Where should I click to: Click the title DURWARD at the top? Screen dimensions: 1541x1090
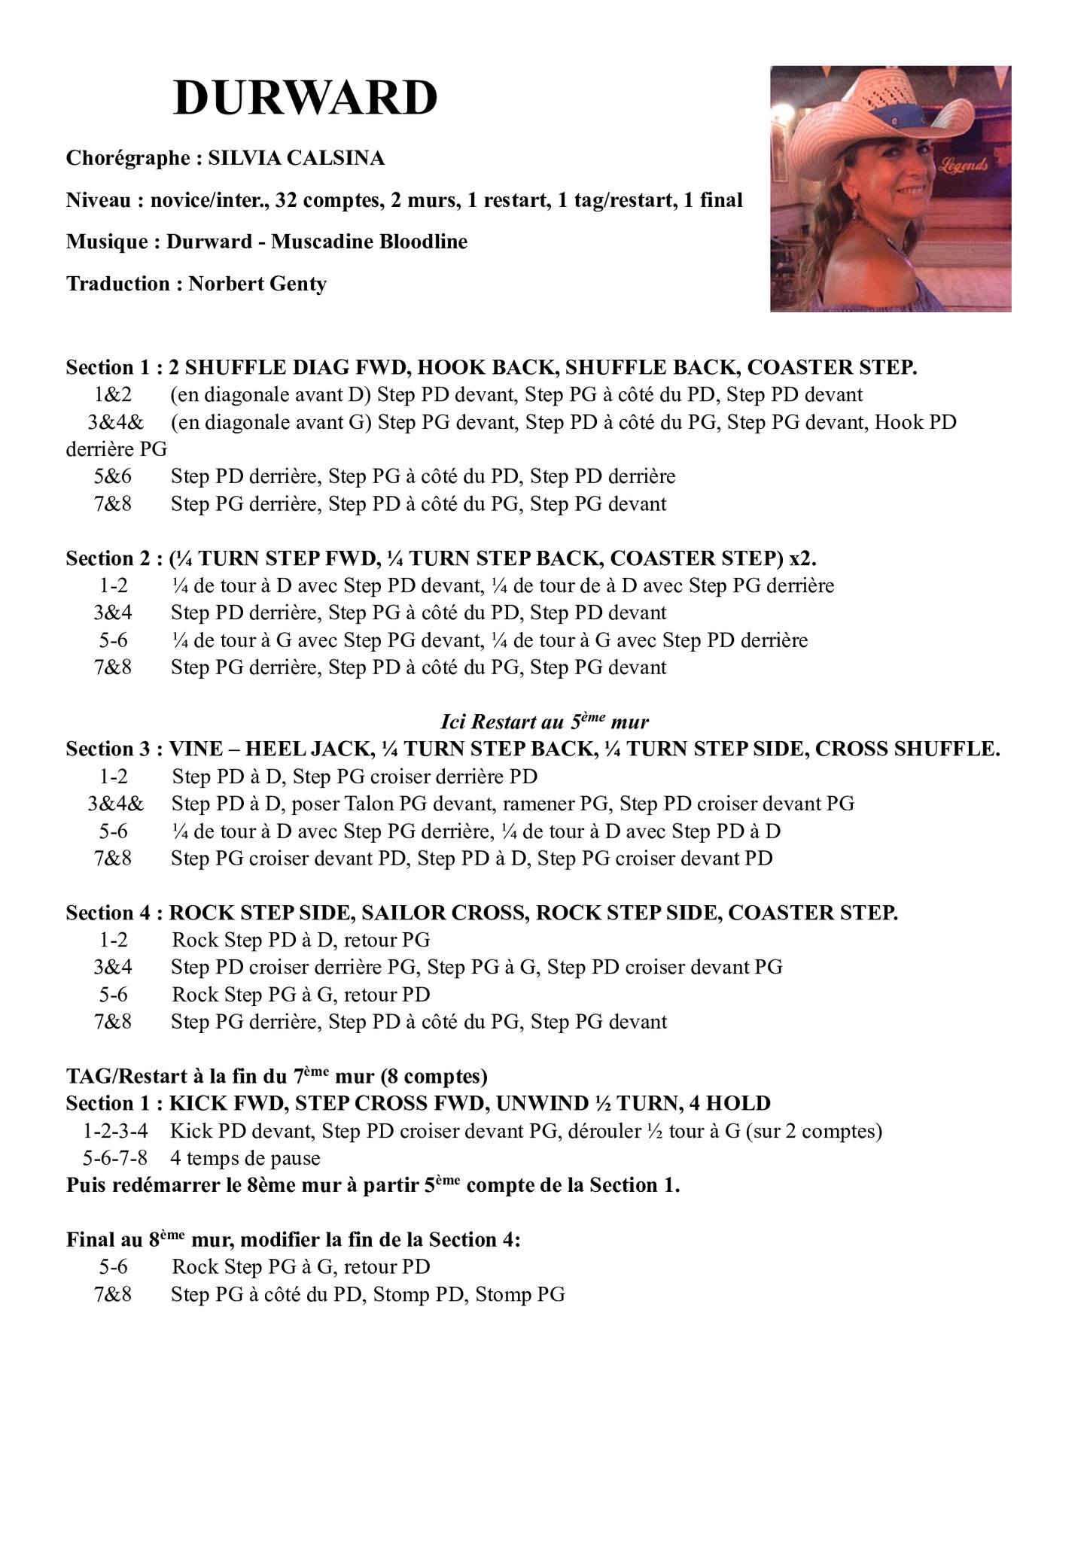pyautogui.click(x=305, y=98)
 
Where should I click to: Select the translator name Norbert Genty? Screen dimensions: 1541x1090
pyautogui.click(x=257, y=284)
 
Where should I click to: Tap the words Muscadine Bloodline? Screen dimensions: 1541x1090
pyautogui.click(x=369, y=242)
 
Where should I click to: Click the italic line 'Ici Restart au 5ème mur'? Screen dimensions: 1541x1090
pyautogui.click(x=544, y=722)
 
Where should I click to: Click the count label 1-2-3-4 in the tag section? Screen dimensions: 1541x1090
pyautogui.click(x=115, y=1131)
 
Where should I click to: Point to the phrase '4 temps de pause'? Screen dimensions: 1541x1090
pyautogui.click(x=245, y=1158)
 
